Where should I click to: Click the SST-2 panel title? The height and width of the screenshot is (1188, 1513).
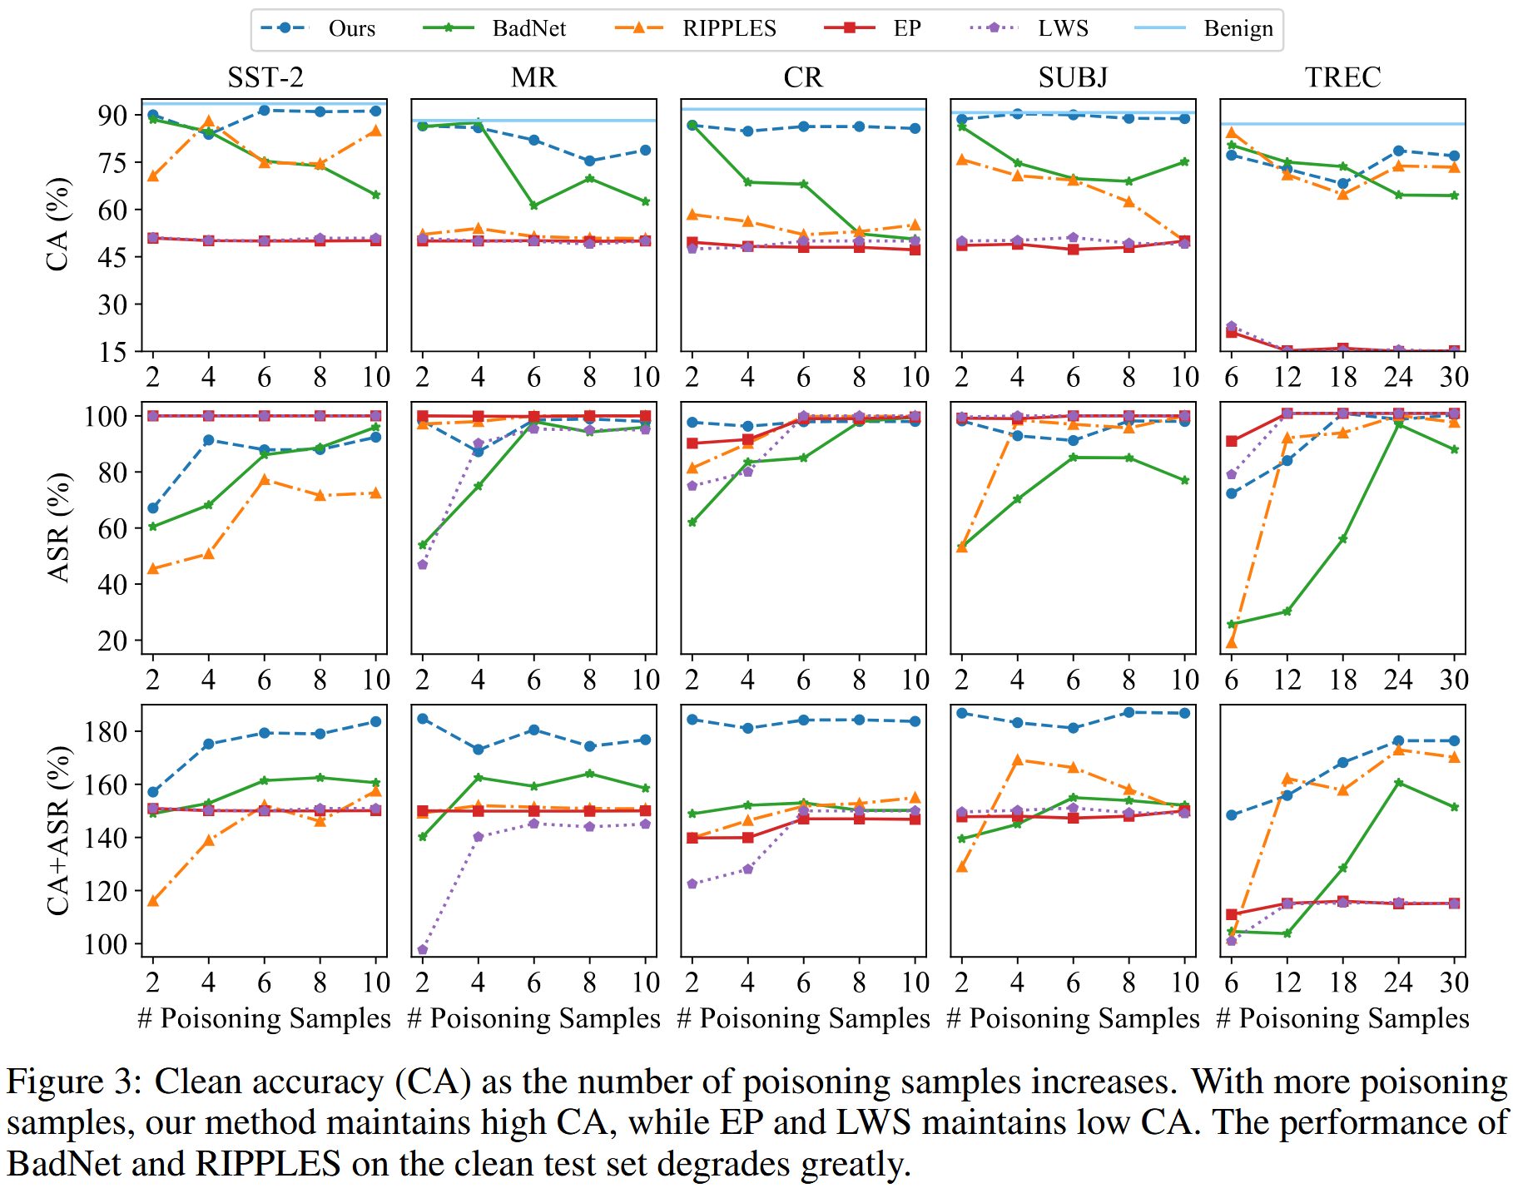pos(265,77)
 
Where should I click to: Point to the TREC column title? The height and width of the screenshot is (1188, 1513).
pos(1342,77)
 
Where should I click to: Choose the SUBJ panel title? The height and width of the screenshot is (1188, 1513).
pos(1073,77)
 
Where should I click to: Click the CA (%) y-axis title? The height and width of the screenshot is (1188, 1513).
pos(57,225)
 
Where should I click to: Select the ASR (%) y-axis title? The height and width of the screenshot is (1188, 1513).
pos(57,527)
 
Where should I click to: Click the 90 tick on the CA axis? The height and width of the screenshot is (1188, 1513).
pos(112,115)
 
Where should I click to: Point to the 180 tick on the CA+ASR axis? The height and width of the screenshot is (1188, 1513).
pos(106,732)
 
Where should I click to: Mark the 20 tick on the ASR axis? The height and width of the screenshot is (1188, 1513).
pos(112,641)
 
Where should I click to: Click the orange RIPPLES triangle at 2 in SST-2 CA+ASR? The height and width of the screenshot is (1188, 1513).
pos(152,901)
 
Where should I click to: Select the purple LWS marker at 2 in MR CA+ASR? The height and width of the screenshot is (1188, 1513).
pos(422,949)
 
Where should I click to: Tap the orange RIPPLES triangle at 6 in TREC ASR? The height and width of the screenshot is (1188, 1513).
pos(1231,642)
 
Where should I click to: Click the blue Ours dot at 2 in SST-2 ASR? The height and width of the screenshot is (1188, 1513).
pos(152,508)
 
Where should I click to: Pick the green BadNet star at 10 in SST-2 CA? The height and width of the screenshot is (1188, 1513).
pos(375,195)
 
